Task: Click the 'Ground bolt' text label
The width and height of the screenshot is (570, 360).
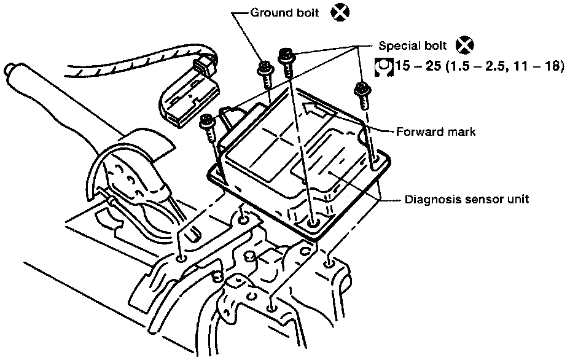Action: coord(284,13)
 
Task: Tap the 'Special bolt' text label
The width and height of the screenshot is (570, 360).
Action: coord(413,46)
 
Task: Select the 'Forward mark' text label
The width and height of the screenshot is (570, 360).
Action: coord(435,131)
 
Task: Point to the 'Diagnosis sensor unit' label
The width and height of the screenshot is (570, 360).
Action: coord(467,199)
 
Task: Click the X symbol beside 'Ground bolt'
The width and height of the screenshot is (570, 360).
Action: coord(340,13)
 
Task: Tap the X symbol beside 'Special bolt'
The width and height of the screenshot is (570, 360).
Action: coord(465,45)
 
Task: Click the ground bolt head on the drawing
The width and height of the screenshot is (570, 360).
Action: coord(265,68)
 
